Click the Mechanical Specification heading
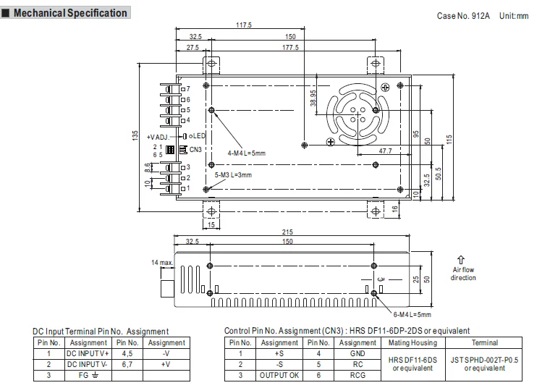pyautogui.click(x=70, y=13)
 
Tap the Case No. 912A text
pyautogui.click(x=463, y=16)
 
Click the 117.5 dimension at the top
pyautogui.click(x=244, y=25)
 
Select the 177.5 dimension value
pyautogui.click(x=290, y=47)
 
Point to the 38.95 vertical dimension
pyautogui.click(x=313, y=98)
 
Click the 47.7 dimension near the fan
pyautogui.click(x=385, y=151)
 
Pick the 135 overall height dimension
pyautogui.click(x=135, y=136)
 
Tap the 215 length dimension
pyautogui.click(x=287, y=232)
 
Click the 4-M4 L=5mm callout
pyautogui.click(x=246, y=153)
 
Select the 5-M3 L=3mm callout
pyautogui.click(x=233, y=174)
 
